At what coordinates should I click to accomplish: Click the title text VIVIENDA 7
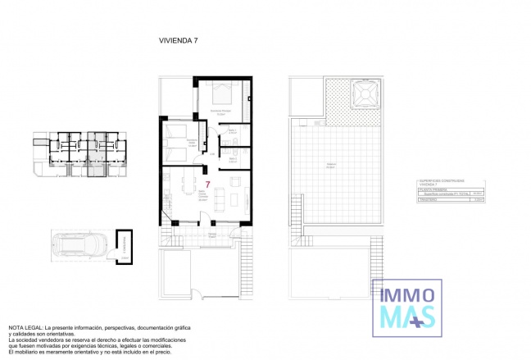178,39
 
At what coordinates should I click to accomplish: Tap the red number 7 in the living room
208,185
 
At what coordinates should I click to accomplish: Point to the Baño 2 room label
232,159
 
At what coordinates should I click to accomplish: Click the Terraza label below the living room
211,235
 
